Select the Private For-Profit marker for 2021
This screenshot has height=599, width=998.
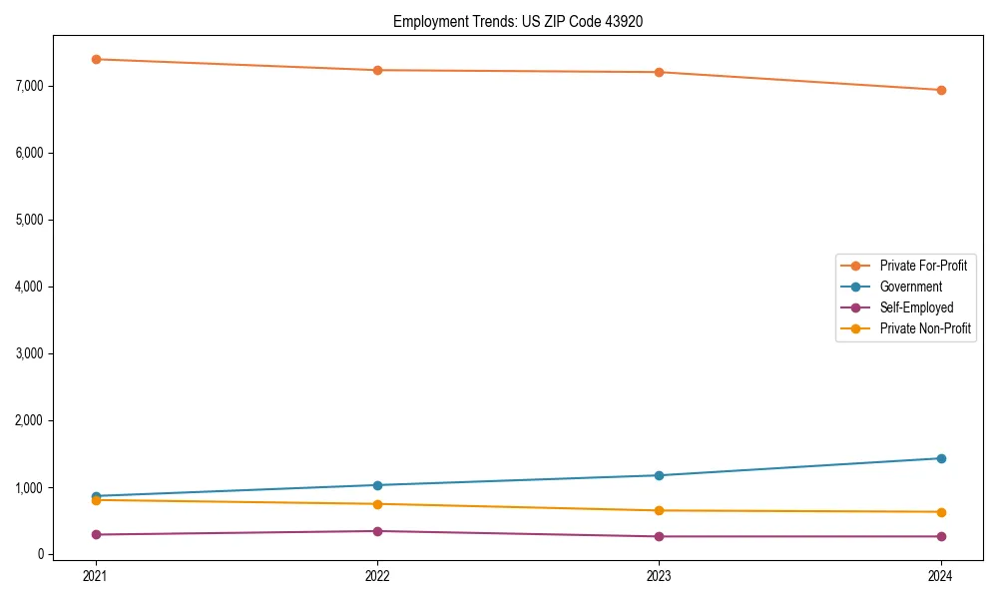coord(96,59)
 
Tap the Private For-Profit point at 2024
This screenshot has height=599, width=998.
coord(941,90)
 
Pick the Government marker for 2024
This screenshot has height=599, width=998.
coord(941,458)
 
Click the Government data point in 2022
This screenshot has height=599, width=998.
coord(377,485)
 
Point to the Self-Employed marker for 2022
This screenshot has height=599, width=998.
coord(377,531)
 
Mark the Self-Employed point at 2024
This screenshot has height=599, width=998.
coord(941,536)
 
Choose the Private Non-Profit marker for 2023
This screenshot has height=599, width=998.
coord(659,510)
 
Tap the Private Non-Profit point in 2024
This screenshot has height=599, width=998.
coord(941,512)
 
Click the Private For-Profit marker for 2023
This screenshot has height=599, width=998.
coord(659,72)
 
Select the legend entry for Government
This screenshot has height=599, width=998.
coord(910,287)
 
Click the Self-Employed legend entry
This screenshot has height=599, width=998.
coord(916,307)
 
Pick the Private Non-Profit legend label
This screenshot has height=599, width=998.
coord(925,328)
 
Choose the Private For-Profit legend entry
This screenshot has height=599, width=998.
coord(923,266)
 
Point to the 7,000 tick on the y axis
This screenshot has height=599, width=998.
coord(31,86)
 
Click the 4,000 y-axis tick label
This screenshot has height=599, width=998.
coord(31,287)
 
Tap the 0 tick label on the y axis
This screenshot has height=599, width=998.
coord(41,554)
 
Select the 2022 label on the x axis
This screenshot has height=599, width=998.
coord(377,575)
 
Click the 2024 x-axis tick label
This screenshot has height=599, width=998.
coord(941,575)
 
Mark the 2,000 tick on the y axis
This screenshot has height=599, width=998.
coord(31,420)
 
